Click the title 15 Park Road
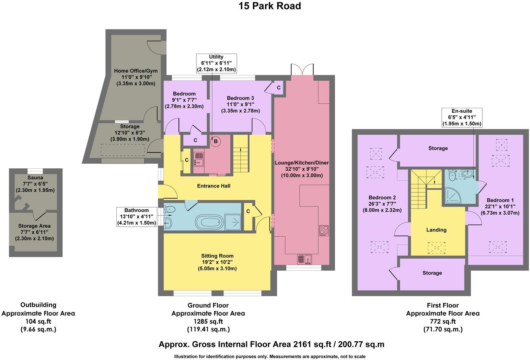(x=270, y=6)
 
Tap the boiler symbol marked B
(x=216, y=141)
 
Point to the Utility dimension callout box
(x=216, y=63)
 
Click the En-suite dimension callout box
(x=462, y=117)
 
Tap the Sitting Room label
(x=217, y=256)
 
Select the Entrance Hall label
(x=214, y=186)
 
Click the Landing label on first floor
(x=436, y=230)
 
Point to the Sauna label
(x=35, y=178)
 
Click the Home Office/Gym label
(x=136, y=71)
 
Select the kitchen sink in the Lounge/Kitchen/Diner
(x=304, y=259)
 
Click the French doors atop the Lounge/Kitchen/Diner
(x=302, y=69)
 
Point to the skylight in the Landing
(x=436, y=247)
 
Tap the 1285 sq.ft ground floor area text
(x=208, y=322)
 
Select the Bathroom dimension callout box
(x=137, y=216)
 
